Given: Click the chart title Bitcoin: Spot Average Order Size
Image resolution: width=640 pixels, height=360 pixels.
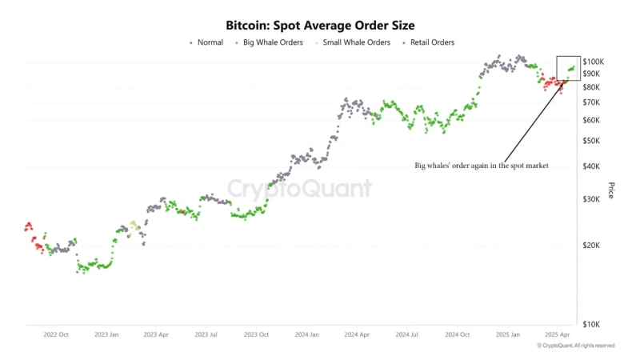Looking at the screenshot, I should pos(319,26).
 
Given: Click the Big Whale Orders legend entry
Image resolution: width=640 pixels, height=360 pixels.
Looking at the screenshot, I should pos(272,42).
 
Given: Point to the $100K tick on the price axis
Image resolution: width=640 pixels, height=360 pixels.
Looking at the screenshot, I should pos(594,62).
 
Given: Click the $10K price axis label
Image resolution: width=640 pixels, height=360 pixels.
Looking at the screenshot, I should pos(592,324).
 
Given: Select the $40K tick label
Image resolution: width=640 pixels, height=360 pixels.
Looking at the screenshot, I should pos(592,166).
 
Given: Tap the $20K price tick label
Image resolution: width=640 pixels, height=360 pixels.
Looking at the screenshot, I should pos(592,246).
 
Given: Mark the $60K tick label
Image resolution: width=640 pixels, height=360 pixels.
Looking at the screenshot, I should pos(592,120).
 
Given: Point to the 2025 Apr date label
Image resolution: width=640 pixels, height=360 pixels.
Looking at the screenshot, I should pos(557,334).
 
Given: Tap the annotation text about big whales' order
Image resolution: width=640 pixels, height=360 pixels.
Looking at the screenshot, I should pos(481,166).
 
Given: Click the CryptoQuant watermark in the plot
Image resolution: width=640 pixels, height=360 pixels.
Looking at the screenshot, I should pos(300,189).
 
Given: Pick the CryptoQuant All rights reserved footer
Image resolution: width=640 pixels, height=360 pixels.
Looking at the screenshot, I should pos(575,346).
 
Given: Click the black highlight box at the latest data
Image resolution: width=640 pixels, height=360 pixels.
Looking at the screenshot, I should pos(568,68).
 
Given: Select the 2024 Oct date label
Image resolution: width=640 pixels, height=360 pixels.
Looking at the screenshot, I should pos(458,334).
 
